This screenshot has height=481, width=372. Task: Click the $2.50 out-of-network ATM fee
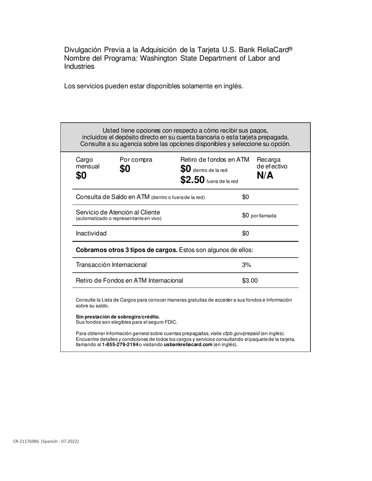(192, 180)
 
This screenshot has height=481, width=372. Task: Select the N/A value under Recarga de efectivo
(265, 176)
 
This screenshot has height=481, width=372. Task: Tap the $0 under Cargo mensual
(81, 176)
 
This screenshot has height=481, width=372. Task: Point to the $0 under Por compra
(125, 169)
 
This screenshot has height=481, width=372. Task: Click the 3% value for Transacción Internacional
(246, 265)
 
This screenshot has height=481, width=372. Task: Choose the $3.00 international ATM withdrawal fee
(250, 280)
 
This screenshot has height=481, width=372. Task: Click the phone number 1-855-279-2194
(120, 345)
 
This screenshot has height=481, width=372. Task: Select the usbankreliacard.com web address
(188, 345)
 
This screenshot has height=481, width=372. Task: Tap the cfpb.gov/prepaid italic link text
(241, 333)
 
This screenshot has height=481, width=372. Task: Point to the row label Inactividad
(91, 233)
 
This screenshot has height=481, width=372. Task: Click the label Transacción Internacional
(111, 265)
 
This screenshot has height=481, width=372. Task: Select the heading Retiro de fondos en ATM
(215, 160)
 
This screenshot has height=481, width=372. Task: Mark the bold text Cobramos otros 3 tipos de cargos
(126, 250)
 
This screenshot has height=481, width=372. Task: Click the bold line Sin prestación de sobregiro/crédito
(117, 316)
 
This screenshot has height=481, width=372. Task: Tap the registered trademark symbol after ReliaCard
(291, 48)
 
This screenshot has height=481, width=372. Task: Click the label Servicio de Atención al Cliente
(118, 212)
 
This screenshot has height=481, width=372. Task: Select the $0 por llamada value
(259, 215)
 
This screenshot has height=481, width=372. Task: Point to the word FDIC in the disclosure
(171, 322)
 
